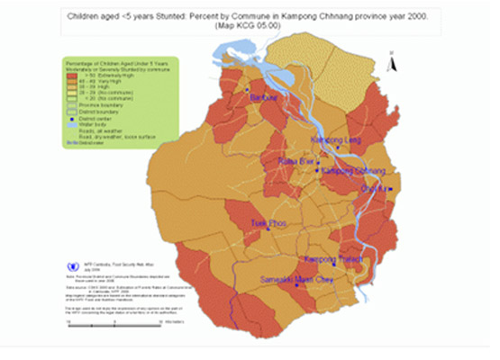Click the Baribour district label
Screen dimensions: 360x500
coord(261,95)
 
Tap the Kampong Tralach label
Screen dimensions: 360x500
coord(332,260)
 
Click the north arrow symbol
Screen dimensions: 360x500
coord(391,63)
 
